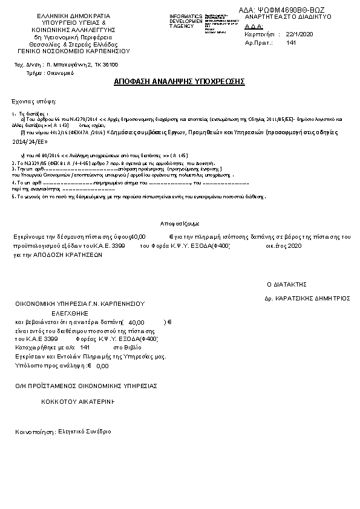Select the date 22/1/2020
(x=300, y=34)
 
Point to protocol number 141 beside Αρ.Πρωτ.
(x=291, y=43)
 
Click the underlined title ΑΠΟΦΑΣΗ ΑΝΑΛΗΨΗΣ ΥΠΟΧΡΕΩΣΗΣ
(x=179, y=81)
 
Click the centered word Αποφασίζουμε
(x=180, y=223)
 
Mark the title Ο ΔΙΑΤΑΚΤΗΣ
(x=287, y=284)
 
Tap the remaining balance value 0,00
(x=102, y=366)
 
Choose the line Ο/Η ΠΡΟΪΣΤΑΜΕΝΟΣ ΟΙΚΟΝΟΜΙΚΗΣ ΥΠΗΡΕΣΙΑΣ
(x=87, y=385)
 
